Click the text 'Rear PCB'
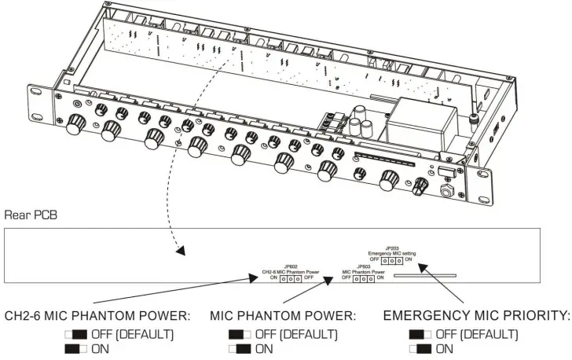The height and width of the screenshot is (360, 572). tap(27, 213)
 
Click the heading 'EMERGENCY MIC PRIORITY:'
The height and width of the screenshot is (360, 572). tap(476, 315)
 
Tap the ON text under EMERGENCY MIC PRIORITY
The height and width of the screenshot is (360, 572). tap(445, 348)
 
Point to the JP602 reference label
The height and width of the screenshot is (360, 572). tap(291, 266)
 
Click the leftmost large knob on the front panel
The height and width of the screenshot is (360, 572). tap(75, 125)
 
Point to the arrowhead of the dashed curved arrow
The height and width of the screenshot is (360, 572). tap(181, 253)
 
